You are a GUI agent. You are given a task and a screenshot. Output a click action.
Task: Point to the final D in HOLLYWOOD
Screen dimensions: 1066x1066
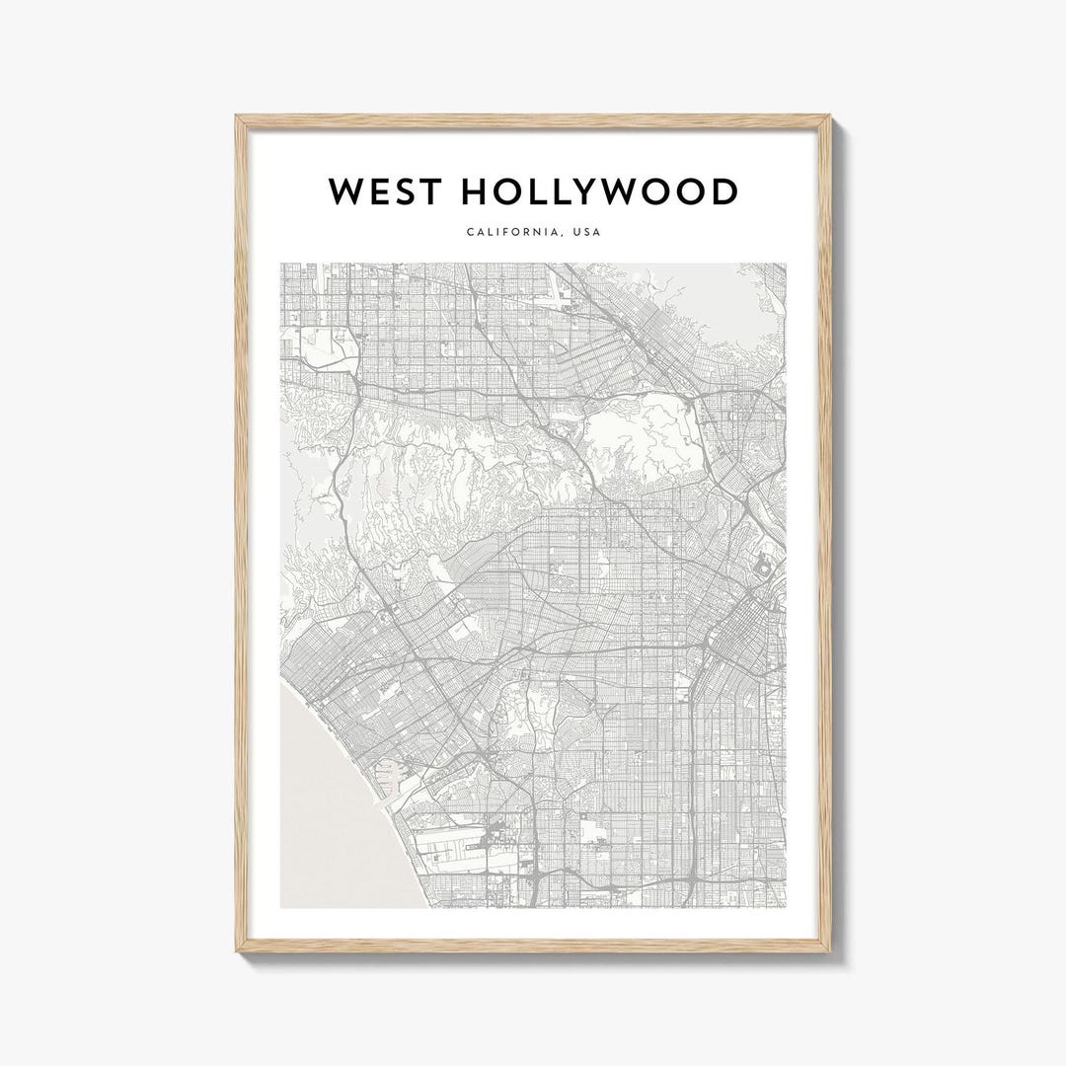(724, 192)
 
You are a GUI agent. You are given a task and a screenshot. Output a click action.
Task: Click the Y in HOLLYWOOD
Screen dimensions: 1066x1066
(589, 192)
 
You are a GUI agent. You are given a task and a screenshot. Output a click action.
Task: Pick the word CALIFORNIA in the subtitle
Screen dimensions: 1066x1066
(511, 233)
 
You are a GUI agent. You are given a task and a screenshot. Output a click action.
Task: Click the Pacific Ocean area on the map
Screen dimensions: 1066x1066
(326, 809)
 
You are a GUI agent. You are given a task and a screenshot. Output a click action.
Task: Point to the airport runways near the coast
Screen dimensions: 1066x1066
(454, 844)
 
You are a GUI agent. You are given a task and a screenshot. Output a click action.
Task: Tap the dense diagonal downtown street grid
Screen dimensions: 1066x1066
(735, 632)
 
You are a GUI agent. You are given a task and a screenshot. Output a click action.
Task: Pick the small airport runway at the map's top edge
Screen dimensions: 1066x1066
(567, 286)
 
